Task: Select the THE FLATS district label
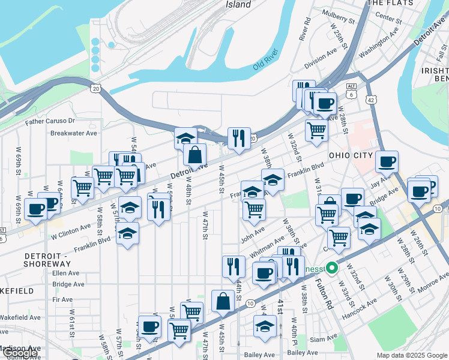[x=391, y=3]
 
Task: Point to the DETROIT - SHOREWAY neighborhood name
[x=47, y=260]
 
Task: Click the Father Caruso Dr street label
[x=49, y=121]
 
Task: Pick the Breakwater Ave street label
[x=73, y=133]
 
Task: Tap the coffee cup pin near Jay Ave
[x=387, y=161]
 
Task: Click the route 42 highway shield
[x=372, y=99]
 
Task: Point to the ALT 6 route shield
[x=351, y=90]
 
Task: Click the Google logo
[x=20, y=353]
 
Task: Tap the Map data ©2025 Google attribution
[x=412, y=355]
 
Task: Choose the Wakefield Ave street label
[x=20, y=317]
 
